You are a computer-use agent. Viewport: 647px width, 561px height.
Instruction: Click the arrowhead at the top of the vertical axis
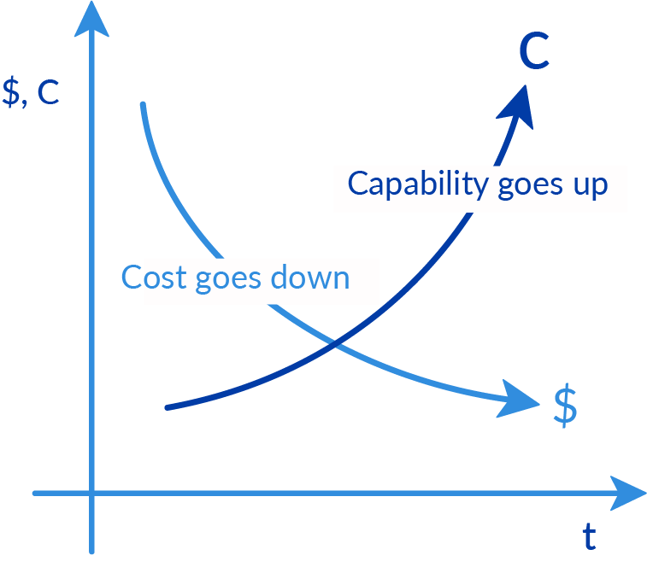91,20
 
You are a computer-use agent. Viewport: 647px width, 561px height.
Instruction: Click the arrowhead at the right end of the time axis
627,493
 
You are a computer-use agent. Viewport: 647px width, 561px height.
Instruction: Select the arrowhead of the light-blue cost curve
519,400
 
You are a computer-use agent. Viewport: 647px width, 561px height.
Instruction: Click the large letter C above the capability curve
534,50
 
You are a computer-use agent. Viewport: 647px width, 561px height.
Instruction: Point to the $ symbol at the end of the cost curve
565,406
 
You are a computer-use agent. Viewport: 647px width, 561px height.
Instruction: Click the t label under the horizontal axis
589,536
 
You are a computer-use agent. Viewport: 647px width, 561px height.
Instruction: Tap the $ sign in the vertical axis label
11,91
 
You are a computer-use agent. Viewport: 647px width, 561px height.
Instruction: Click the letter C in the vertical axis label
48,92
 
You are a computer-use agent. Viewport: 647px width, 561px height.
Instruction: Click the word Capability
418,184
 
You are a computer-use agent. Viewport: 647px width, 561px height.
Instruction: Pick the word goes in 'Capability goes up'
530,186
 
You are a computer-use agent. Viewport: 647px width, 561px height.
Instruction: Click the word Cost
154,278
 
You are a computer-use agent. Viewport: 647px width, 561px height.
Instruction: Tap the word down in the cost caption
310,276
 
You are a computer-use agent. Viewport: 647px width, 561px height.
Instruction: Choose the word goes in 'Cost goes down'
228,280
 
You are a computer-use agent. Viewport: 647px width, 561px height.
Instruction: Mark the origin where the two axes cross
91,493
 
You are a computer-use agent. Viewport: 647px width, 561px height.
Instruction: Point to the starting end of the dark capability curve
168,407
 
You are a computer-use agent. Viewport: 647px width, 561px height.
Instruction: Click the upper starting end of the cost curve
143,104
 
